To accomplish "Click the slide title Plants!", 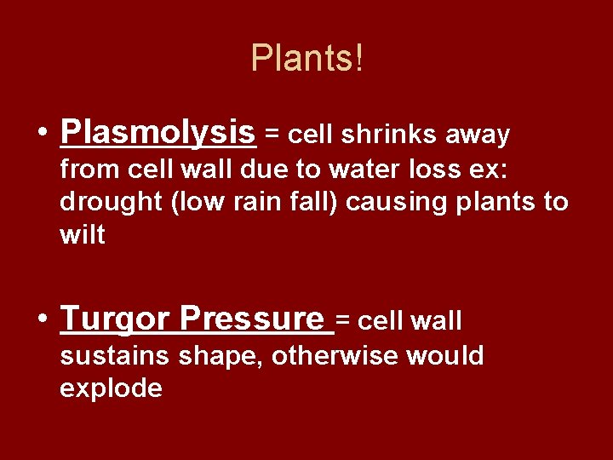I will point(306,58).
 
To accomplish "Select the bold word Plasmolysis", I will point(158,133).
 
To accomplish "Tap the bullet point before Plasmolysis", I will point(42,134).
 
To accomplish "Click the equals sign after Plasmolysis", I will point(272,135).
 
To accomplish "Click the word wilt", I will point(83,235).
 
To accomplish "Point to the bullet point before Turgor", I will point(42,319).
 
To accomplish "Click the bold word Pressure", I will point(252,319).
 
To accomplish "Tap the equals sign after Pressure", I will point(342,321).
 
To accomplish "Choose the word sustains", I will point(115,355).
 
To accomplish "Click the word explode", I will point(111,388).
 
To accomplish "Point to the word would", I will point(445,355).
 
